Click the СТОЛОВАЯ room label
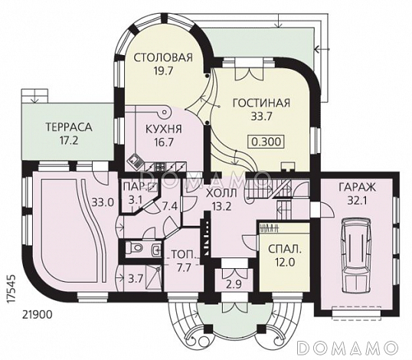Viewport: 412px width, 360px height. (x=163, y=57)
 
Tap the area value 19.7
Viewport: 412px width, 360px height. (x=163, y=71)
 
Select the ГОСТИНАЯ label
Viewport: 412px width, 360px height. (x=261, y=103)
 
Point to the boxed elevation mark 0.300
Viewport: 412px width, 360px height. (x=266, y=142)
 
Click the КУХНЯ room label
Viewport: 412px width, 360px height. (x=163, y=129)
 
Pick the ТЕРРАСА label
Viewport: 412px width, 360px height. (x=69, y=127)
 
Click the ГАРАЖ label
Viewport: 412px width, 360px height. (x=357, y=188)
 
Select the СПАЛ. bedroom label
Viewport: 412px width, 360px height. (x=285, y=249)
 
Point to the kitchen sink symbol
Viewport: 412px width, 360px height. (x=135, y=162)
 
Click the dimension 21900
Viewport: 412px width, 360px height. (x=37, y=314)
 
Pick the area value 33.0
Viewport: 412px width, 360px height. (x=103, y=202)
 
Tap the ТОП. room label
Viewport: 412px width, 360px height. (x=184, y=254)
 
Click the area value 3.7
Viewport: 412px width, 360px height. (x=136, y=279)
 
